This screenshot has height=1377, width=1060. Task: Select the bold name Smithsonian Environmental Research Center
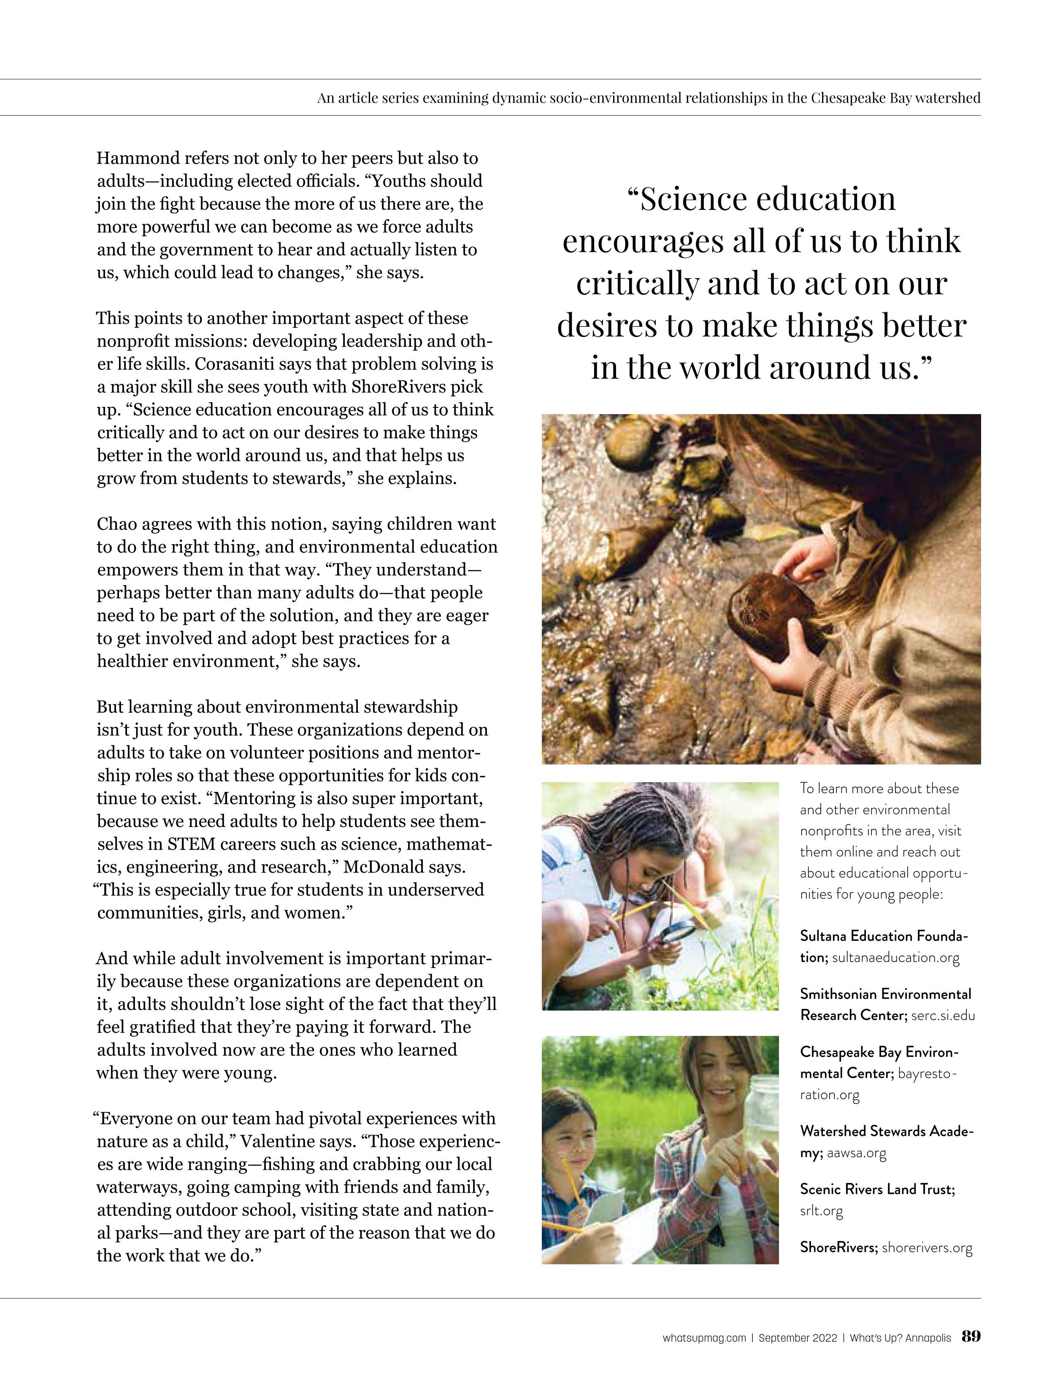[x=885, y=1004]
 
